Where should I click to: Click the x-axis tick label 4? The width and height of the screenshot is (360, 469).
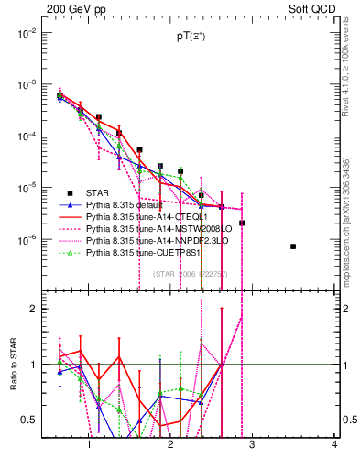(x=334, y=446)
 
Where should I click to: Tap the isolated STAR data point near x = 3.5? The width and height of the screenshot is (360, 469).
(x=293, y=246)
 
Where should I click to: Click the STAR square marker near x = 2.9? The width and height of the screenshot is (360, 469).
(x=242, y=223)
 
